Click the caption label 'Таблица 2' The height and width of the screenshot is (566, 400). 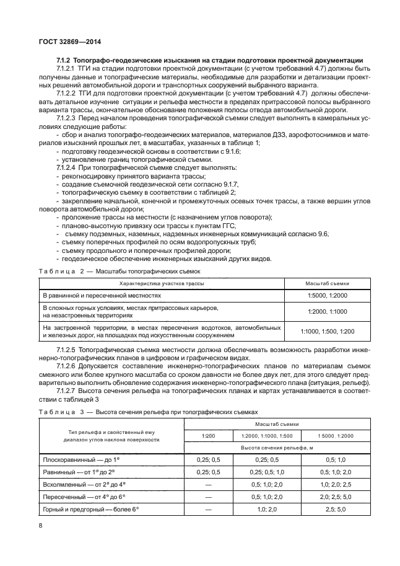[58, 272]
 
